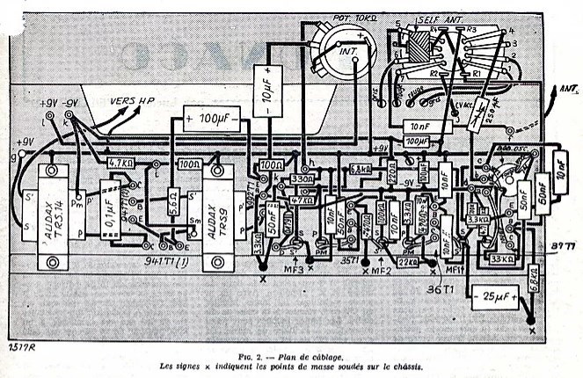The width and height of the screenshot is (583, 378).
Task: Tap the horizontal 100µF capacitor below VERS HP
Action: (x=212, y=117)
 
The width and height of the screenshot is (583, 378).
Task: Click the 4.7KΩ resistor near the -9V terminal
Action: (x=121, y=164)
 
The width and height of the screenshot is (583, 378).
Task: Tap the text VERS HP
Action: (x=128, y=101)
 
